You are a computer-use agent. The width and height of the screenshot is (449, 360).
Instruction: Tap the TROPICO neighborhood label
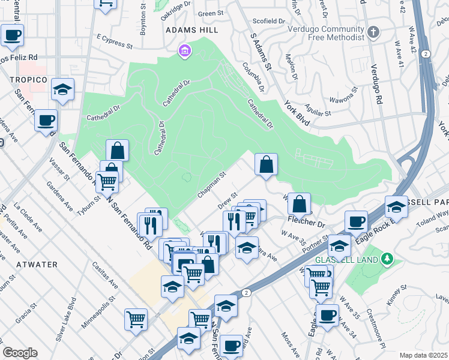28,80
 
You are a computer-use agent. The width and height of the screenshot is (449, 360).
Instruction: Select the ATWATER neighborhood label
37,264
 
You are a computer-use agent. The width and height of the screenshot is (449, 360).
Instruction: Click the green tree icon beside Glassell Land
388,259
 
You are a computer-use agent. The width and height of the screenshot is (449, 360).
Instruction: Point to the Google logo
20,353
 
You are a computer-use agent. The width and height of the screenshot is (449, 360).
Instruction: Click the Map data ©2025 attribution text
424,355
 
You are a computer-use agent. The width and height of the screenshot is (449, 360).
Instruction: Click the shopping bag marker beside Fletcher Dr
299,204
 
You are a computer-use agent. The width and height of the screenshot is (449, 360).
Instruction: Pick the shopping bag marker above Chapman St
266,163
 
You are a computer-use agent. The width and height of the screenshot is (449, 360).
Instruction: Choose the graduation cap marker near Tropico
62,89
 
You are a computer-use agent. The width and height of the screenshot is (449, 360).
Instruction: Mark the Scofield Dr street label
270,21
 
